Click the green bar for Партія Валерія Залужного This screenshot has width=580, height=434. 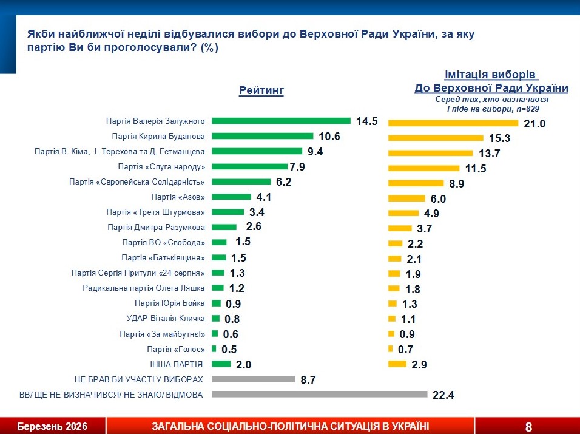pyautogui.click(x=281, y=121)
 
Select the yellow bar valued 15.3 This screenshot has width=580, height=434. pyautogui.click(x=435, y=137)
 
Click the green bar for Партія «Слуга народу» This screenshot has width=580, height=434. pyautogui.click(x=249, y=166)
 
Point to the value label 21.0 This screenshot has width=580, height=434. pyautogui.click(x=536, y=124)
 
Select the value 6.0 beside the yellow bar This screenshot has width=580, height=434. pyautogui.click(x=438, y=198)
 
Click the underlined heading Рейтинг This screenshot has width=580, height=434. pyautogui.click(x=261, y=90)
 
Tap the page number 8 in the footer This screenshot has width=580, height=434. pyautogui.click(x=528, y=427)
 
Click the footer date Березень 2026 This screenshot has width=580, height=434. pyautogui.click(x=52, y=426)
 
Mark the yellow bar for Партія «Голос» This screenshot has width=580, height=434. pyautogui.click(x=390, y=348)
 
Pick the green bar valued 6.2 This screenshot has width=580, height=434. pyautogui.click(x=241, y=181)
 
